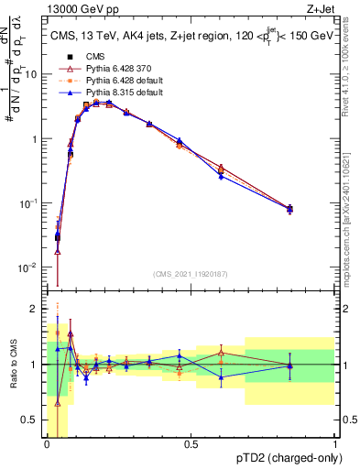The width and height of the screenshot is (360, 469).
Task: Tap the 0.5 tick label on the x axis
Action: point(191,444)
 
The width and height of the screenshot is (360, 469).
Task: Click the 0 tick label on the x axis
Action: point(47,444)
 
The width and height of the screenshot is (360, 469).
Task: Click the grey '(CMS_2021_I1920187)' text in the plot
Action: point(191,273)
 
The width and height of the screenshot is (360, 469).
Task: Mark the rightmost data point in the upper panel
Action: point(290,209)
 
